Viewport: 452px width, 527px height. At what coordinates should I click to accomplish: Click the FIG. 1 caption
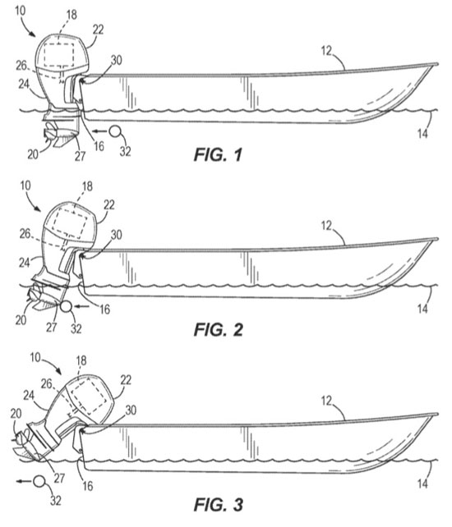pos(218,155)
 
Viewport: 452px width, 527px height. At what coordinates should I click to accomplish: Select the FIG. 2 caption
pos(218,330)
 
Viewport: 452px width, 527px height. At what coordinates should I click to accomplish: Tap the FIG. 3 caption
pos(218,505)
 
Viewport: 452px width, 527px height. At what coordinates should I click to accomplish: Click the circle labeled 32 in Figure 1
pos(115,131)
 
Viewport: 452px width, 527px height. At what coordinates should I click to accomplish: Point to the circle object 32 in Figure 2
pos(66,306)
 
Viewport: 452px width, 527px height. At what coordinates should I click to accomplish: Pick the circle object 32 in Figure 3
pos(39,481)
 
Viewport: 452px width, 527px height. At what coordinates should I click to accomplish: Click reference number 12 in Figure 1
pos(326,51)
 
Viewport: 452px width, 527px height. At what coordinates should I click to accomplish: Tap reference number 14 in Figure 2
pos(422,308)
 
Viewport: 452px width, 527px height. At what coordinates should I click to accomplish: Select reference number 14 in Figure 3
pos(422,483)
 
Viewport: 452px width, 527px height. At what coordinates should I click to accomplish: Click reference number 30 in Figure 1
pos(116,61)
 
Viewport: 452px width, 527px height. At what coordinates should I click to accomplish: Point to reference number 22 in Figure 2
pos(108,204)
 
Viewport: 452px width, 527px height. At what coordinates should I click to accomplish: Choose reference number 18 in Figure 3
pos(81,360)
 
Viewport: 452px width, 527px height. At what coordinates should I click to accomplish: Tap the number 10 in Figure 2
pos(25,186)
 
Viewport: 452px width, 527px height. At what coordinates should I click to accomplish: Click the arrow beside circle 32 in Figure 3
pos(23,481)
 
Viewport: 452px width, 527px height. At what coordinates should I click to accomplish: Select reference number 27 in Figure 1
pos(80,156)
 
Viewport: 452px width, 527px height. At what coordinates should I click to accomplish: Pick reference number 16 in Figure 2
pos(105,309)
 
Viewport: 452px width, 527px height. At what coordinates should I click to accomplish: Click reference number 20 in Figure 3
pos(16,414)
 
